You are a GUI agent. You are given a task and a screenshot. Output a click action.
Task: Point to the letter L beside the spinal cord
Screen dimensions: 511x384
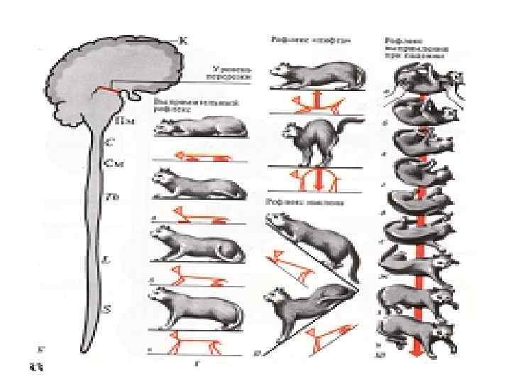pos(107,260)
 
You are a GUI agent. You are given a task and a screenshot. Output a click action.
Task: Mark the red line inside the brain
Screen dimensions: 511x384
pos(109,90)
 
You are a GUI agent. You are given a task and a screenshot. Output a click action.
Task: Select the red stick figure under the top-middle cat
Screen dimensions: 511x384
pos(317,102)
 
